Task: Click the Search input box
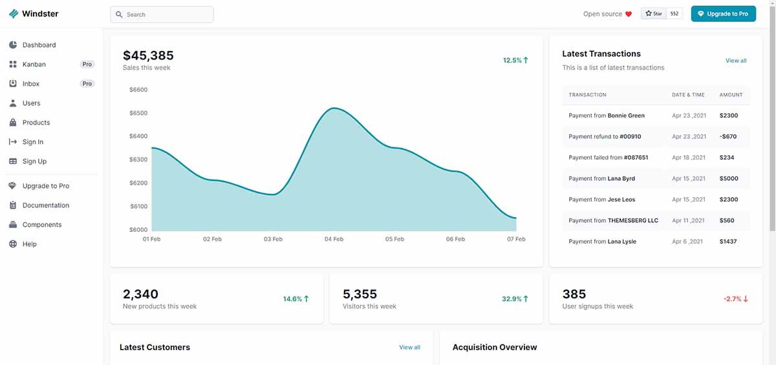162,14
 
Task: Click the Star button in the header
654,14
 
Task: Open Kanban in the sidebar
34,65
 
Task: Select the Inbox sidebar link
31,84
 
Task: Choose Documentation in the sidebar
45,205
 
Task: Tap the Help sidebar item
30,244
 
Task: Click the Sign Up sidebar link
34,162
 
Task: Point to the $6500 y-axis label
138,113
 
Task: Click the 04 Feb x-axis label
334,239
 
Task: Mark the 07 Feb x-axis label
516,239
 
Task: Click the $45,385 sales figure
148,56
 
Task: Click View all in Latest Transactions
736,61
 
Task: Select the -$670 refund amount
728,136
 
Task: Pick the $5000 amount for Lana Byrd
729,178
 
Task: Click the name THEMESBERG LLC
632,220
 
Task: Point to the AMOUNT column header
731,95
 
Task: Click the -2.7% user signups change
735,299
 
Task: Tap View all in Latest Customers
409,348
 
